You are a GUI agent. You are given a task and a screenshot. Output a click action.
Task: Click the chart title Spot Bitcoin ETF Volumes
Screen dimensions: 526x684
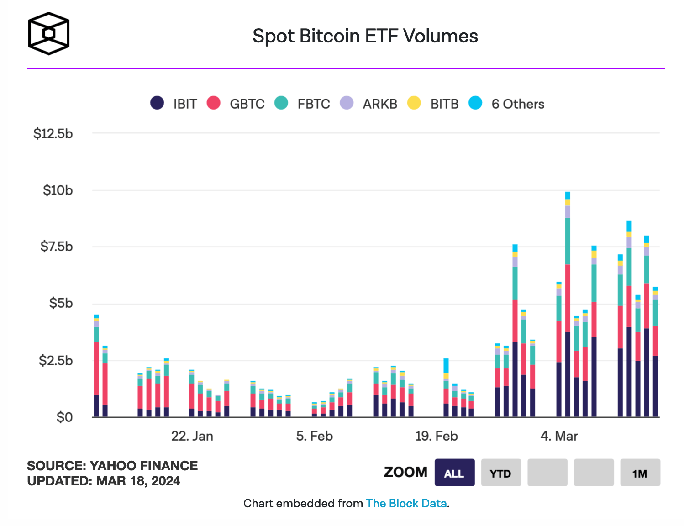(x=365, y=36)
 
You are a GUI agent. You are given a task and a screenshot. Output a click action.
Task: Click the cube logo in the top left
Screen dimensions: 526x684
(x=49, y=34)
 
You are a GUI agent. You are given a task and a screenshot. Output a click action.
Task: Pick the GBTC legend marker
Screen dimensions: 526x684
(x=214, y=103)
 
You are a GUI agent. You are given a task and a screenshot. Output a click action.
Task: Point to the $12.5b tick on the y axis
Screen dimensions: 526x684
(x=53, y=134)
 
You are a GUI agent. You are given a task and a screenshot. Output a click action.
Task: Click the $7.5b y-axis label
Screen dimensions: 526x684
(x=56, y=247)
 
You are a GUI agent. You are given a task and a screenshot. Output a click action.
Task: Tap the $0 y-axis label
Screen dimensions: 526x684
(x=64, y=417)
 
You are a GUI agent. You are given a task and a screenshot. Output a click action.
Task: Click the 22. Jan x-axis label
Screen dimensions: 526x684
(x=192, y=436)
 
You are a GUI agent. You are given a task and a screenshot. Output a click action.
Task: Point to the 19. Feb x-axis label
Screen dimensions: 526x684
(x=436, y=436)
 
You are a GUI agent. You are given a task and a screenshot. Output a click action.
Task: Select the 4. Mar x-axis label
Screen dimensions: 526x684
(x=559, y=436)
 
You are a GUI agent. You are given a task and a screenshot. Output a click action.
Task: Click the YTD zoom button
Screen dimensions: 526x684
(x=500, y=473)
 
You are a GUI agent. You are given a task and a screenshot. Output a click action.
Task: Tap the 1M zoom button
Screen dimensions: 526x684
(x=640, y=473)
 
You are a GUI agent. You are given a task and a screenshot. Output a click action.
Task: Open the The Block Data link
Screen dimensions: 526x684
(x=406, y=503)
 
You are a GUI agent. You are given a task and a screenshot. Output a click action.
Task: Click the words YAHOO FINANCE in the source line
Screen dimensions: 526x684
(x=144, y=466)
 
